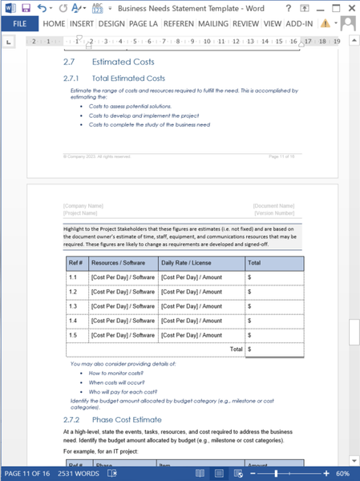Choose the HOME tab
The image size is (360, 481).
pos(54,24)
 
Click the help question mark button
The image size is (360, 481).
pos(288,7)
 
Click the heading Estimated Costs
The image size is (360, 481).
pos(123,62)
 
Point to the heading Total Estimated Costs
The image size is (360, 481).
pos(128,78)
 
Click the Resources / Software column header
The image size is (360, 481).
pos(123,262)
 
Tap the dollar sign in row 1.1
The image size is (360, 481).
pos(250,277)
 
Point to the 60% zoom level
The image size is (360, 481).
pos(342,474)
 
